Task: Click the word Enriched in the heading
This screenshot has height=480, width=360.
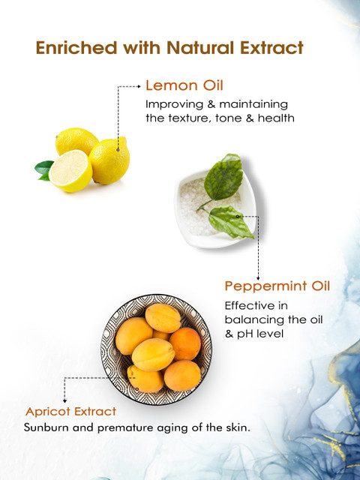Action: (76, 48)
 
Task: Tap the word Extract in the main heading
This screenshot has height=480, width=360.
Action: (271, 48)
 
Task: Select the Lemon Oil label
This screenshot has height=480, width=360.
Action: (184, 85)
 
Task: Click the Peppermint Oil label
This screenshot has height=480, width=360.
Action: (277, 286)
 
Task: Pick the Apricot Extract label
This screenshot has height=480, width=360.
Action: (70, 412)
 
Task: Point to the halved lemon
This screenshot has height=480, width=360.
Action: (70, 171)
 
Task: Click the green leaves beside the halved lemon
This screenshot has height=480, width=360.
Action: (43, 170)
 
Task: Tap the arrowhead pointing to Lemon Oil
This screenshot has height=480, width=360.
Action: (139, 87)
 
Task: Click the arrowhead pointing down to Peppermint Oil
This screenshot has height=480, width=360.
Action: (258, 278)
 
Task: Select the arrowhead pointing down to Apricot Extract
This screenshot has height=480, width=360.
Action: (64, 401)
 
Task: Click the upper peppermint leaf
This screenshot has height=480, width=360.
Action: (223, 177)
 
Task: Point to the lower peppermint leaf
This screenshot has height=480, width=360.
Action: (230, 222)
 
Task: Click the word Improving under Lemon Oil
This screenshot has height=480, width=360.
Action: (174, 105)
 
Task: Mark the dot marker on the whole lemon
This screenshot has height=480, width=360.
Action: (118, 150)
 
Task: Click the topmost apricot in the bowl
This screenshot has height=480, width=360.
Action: (163, 318)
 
